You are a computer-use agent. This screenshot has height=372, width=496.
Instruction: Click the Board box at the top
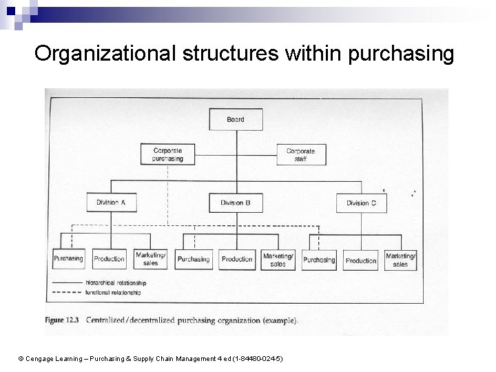236,120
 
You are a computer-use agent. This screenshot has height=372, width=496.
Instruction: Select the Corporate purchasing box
167,154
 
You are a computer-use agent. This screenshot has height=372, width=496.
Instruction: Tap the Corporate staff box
300,154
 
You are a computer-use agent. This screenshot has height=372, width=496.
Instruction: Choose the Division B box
236,203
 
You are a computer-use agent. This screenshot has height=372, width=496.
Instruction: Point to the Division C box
362,203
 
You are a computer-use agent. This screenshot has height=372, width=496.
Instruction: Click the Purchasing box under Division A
68,259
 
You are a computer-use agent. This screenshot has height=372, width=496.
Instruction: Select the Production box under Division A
109,259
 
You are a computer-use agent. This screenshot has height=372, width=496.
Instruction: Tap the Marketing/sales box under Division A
151,259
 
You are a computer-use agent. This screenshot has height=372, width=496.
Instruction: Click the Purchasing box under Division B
194,260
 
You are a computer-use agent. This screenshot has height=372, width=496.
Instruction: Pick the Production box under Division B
237,260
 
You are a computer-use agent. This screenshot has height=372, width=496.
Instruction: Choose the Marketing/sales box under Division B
278,260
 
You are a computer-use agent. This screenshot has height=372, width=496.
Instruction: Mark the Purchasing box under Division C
319,260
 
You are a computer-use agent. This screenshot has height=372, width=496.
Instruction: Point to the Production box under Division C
361,260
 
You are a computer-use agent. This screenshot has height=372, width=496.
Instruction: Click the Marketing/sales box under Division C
401,260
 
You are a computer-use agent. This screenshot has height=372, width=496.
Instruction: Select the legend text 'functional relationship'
114,293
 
